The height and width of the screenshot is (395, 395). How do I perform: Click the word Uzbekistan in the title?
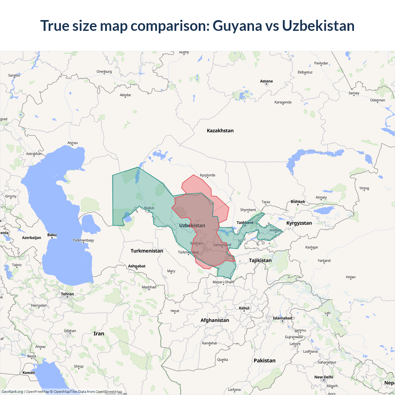point(318,26)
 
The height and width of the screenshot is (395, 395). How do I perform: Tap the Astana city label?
point(266,81)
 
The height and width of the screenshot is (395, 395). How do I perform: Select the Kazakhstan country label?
point(220,131)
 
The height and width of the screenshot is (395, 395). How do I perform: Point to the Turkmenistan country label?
point(147,251)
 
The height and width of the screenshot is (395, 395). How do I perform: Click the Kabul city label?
point(244,308)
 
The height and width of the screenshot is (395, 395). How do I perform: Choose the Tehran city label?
point(67,294)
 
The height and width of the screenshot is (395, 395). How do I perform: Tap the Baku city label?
point(52,235)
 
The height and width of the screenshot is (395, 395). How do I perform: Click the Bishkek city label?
point(298,202)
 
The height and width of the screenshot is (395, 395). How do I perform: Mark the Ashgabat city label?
point(137,266)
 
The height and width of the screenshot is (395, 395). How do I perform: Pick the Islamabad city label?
point(282,318)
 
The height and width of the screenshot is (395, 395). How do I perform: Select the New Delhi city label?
point(324,377)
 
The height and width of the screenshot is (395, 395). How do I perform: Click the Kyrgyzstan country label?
point(299,223)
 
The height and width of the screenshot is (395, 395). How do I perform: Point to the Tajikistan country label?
point(260,260)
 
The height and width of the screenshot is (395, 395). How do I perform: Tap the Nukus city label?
point(149,208)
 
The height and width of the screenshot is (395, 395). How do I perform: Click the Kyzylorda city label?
point(207,175)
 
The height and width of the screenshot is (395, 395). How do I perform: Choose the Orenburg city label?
point(104,72)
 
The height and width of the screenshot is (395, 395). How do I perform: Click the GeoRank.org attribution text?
point(12,392)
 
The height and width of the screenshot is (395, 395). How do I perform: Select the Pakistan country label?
point(264,360)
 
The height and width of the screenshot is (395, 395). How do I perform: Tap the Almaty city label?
point(321,197)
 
